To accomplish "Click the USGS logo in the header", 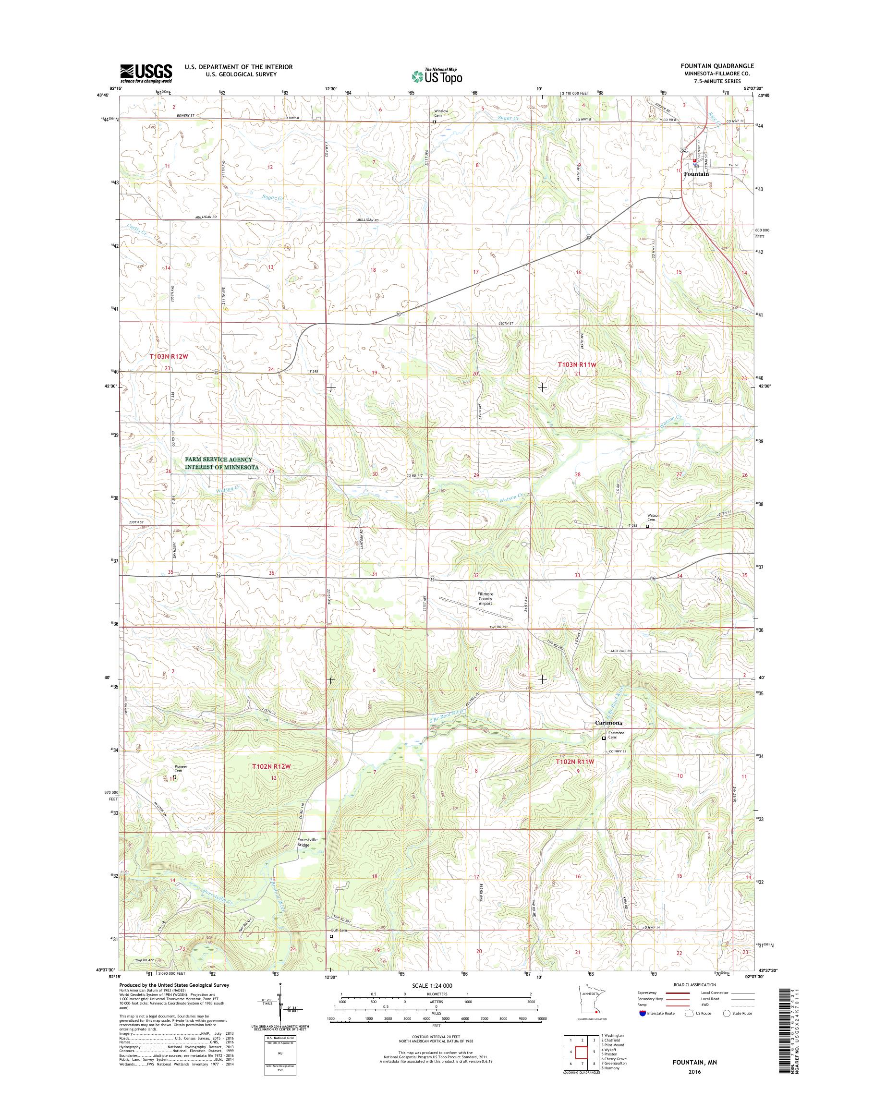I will coord(146,73).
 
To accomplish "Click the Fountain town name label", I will coord(696,174).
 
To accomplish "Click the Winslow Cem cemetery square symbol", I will coord(435,122).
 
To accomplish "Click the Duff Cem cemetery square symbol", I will coord(331,936).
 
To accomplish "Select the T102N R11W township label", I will coord(575,762).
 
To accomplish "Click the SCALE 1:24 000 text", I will coord(432,985).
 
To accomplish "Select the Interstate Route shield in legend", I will coord(642,1013).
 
